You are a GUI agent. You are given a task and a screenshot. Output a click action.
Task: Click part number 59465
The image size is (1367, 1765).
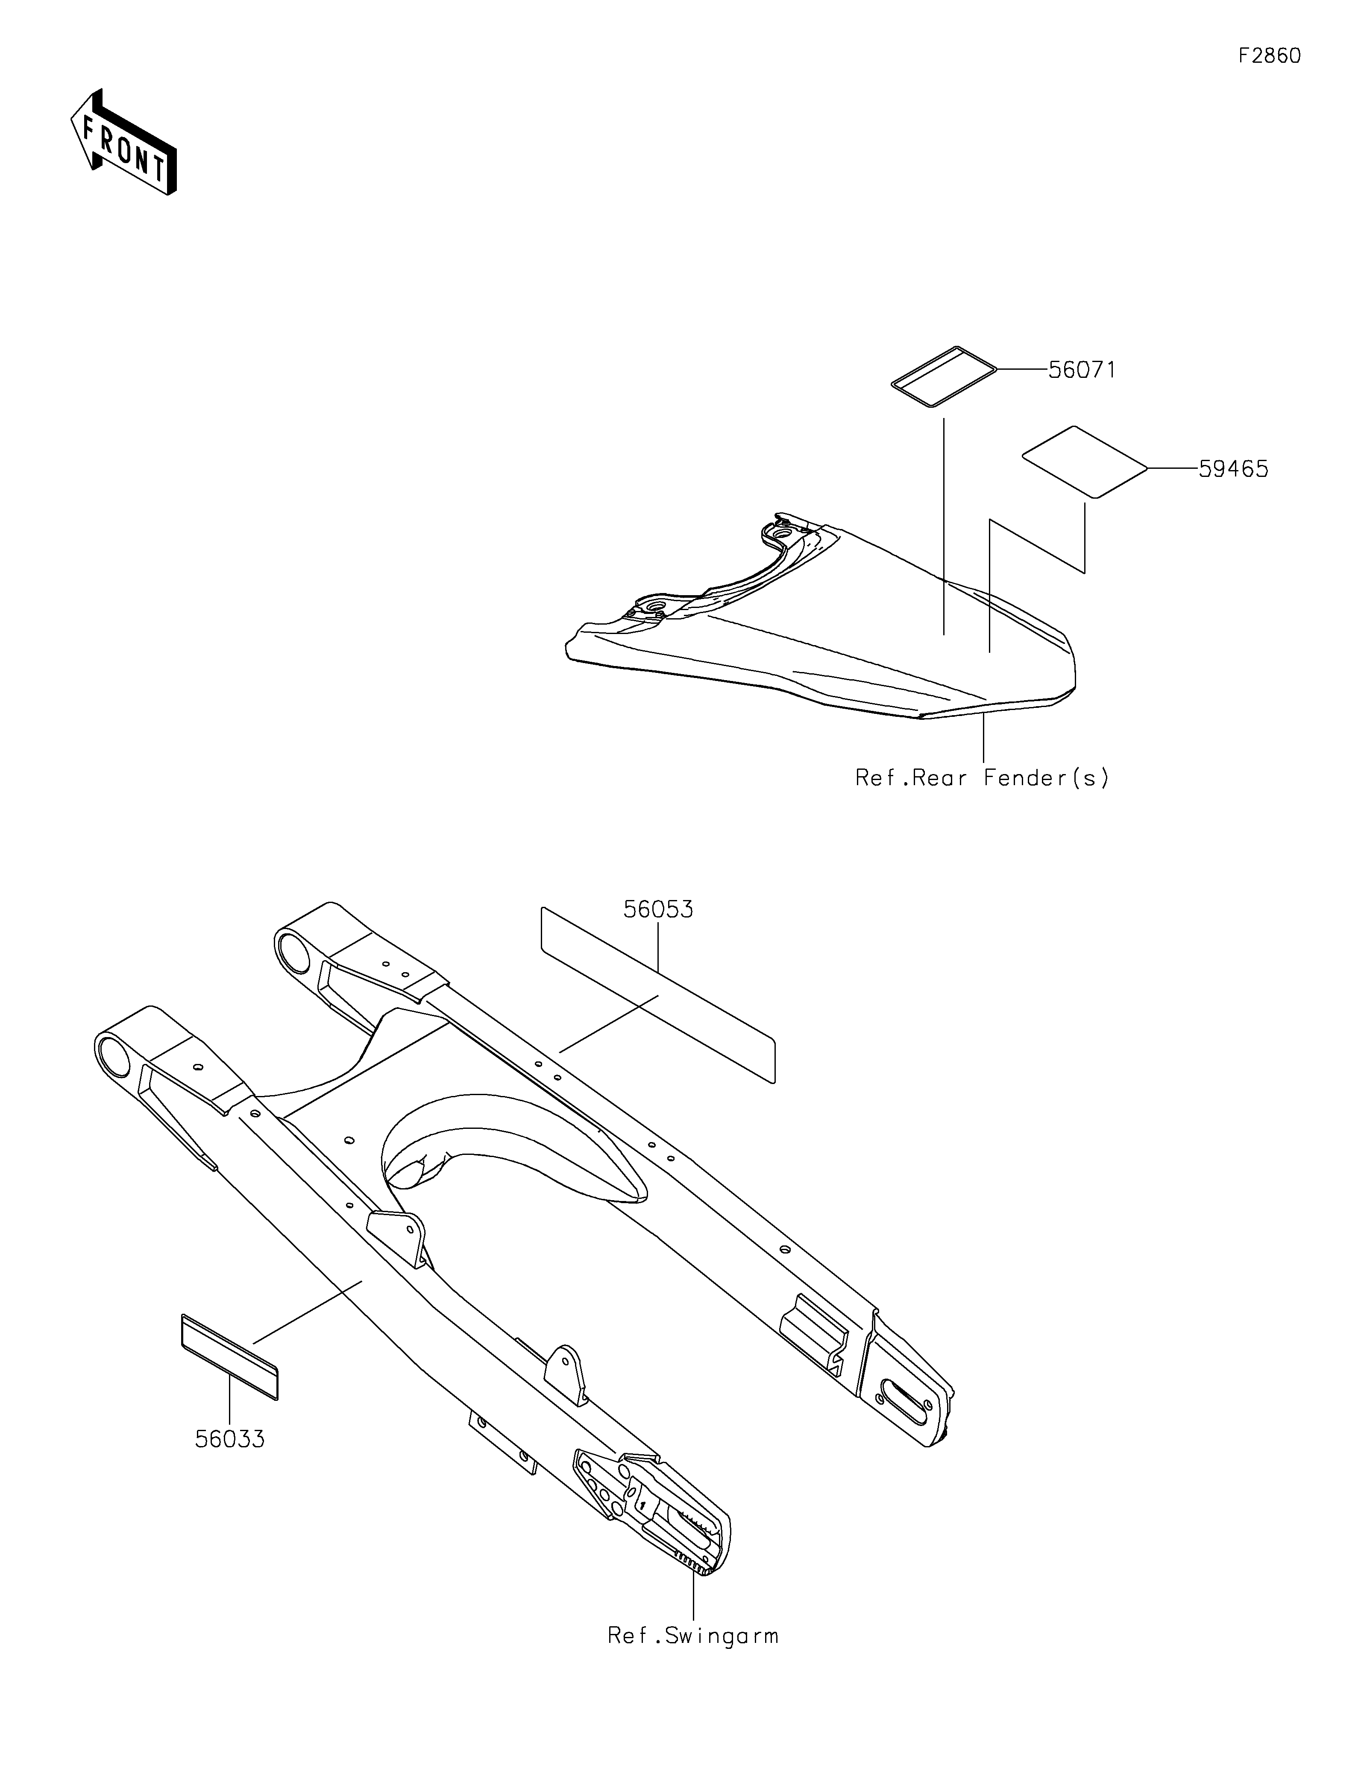pyautogui.click(x=1233, y=469)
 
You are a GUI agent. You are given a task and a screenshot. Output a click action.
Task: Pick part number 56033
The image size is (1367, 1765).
pyautogui.click(x=229, y=1439)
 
